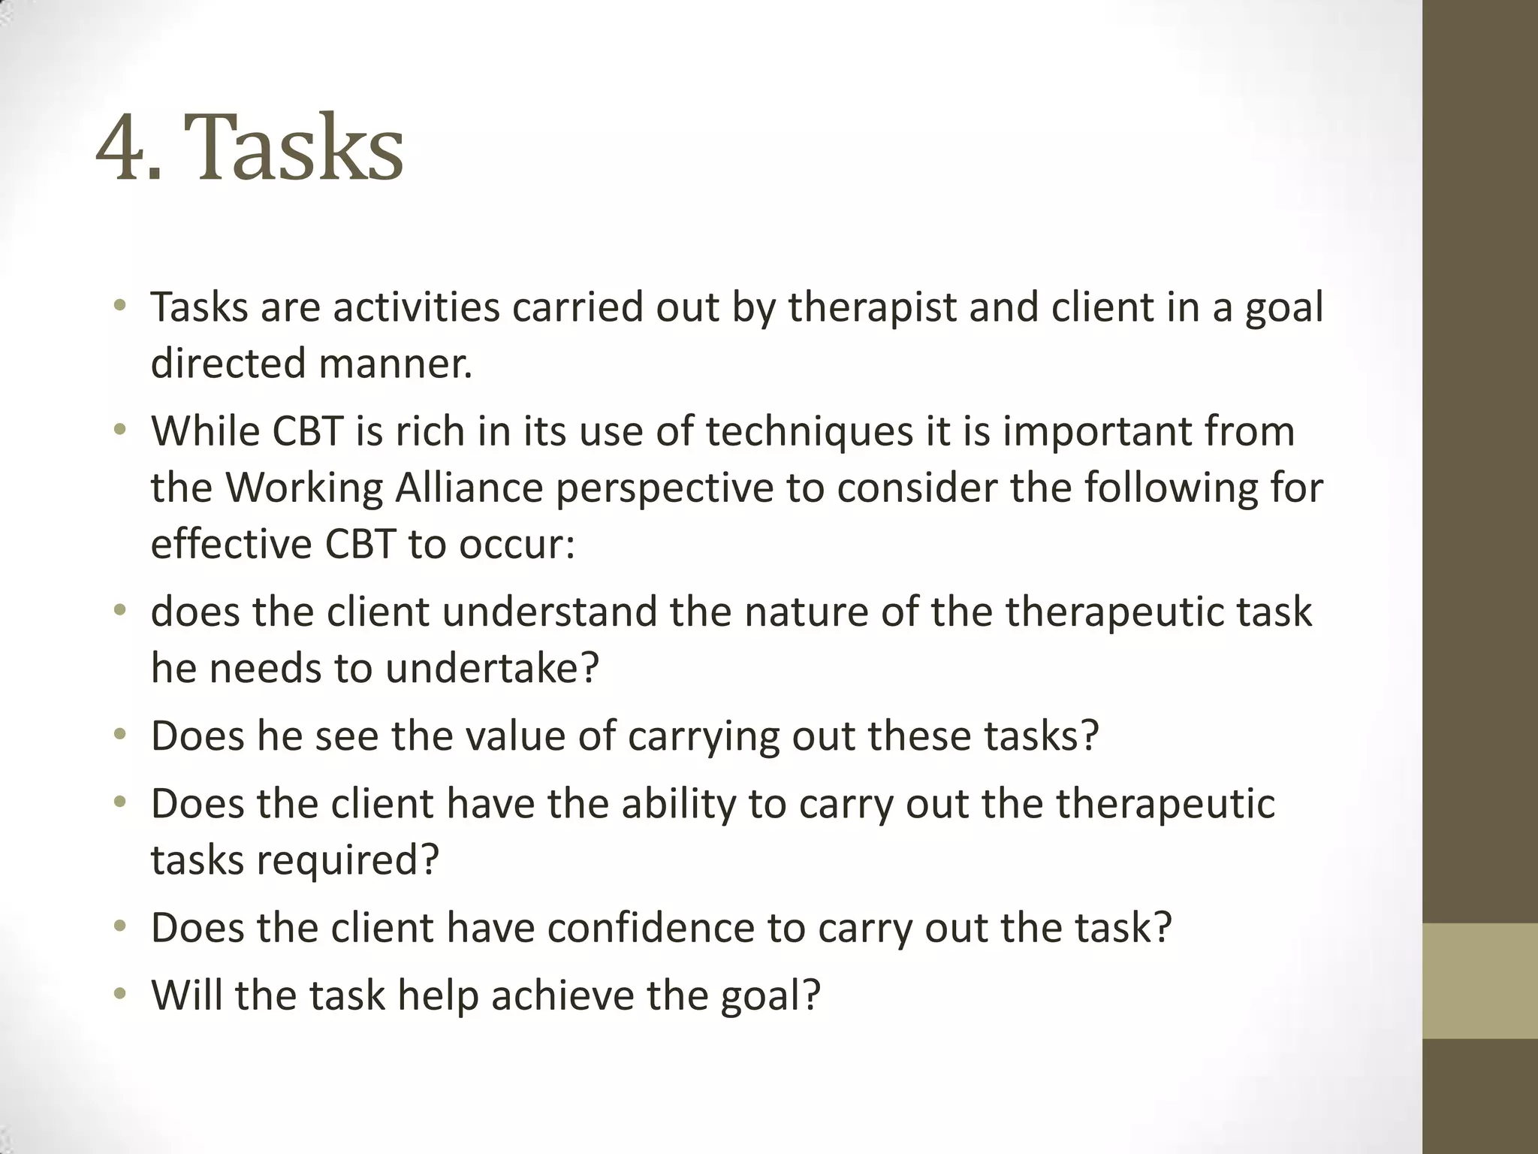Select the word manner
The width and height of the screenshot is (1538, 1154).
(395, 364)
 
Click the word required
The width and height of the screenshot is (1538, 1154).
(347, 860)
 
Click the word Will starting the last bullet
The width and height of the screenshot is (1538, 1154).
(187, 995)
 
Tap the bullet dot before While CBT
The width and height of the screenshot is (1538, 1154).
(120, 431)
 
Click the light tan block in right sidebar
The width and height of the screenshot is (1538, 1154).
(1479, 980)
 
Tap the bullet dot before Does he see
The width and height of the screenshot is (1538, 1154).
(120, 736)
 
